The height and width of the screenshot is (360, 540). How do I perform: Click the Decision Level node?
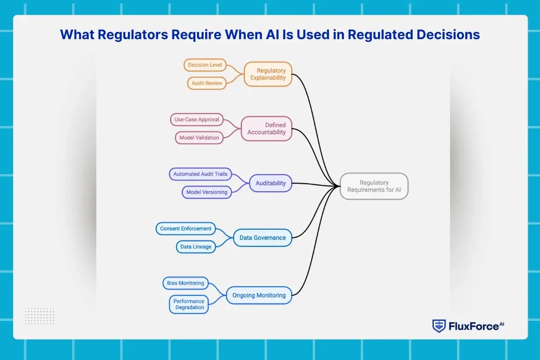click(205, 65)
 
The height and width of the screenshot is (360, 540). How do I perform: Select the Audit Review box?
click(207, 83)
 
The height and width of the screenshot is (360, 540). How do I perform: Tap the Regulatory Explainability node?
click(268, 74)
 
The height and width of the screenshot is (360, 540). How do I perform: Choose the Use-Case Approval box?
click(197, 120)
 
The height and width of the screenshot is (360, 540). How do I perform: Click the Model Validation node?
click(199, 138)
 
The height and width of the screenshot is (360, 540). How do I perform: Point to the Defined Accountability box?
click(266, 129)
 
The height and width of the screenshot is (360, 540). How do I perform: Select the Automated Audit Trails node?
click(200, 174)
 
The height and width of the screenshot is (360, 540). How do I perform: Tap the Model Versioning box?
click(207, 192)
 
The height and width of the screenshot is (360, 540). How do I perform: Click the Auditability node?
click(270, 183)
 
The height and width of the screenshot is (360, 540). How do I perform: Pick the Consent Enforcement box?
click(185, 229)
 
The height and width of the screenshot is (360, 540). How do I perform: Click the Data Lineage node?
click(195, 247)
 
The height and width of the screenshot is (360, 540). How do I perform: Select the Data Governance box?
click(262, 238)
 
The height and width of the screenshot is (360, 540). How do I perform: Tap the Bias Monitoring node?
click(185, 283)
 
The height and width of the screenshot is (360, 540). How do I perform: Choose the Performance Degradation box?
click(189, 304)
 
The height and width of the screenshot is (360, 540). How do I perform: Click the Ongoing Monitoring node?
click(259, 295)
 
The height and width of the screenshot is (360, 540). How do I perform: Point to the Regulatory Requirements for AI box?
click(374, 186)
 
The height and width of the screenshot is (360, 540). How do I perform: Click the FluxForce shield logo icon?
click(439, 326)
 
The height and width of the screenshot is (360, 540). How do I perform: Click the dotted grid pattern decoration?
click(40, 316)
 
